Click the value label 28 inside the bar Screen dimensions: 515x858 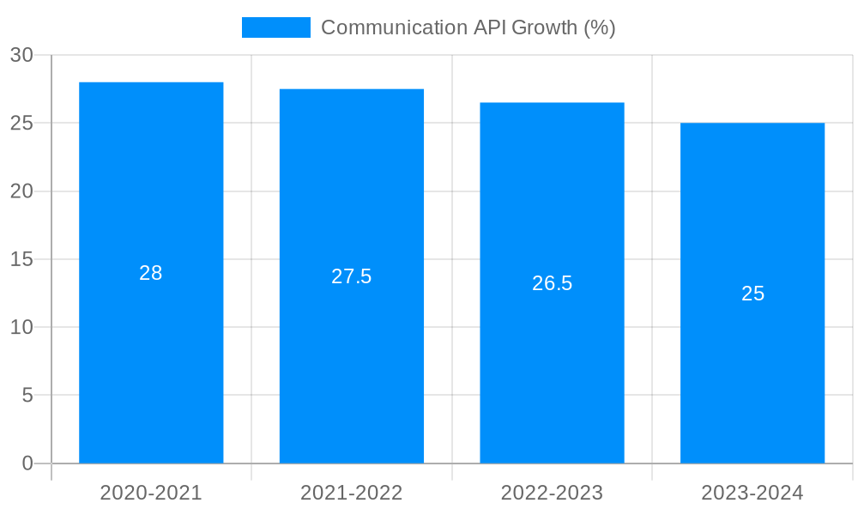(151, 273)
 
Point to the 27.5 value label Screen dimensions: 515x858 (352, 276)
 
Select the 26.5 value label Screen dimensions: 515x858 (552, 283)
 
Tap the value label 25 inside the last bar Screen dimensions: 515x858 (752, 294)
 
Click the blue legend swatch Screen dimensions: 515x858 (275, 27)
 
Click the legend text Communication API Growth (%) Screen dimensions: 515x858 (468, 27)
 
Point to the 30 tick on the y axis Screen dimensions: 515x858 (21, 55)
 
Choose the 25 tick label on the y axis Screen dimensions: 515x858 (21, 123)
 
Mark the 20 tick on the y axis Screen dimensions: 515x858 (21, 191)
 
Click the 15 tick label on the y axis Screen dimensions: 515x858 (21, 259)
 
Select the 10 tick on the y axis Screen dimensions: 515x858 (21, 327)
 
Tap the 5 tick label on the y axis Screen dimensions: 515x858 (27, 396)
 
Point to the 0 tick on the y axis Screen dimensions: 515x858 (27, 463)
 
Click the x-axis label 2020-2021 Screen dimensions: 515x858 (151, 493)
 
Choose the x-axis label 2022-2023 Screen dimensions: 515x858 (552, 493)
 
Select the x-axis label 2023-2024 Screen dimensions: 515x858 (752, 493)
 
